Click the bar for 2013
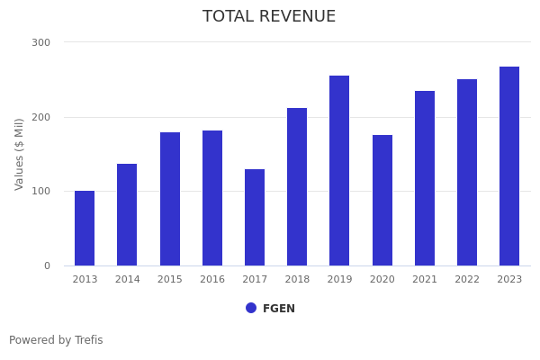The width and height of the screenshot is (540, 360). (85, 228)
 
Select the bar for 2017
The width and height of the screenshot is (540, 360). (255, 217)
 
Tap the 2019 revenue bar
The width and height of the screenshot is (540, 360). (339, 170)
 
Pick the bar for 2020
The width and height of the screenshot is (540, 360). (382, 200)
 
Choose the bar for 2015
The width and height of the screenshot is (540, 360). (170, 199)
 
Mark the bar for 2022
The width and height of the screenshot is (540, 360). (467, 172)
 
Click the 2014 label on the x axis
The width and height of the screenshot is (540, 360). (127, 280)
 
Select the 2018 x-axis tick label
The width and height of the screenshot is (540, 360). (297, 280)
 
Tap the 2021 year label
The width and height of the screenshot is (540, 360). (425, 280)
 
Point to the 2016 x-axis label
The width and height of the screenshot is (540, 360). (212, 280)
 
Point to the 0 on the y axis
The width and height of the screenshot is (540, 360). (47, 265)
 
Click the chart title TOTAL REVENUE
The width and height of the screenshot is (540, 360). (269, 17)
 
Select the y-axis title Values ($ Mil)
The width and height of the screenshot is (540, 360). (20, 154)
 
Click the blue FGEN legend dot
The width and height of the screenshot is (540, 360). (251, 308)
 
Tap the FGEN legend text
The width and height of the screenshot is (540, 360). (279, 309)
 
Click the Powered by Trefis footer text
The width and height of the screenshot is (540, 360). (56, 340)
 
